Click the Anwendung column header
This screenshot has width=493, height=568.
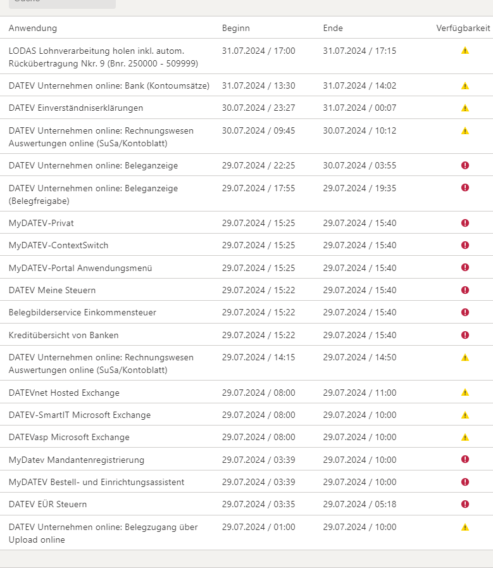pos(33,28)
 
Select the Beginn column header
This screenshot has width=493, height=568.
pos(236,28)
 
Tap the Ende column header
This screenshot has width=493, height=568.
pos(333,28)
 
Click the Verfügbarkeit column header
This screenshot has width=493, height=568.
pos(463,28)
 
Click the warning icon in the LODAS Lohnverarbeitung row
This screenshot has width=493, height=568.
pos(465,51)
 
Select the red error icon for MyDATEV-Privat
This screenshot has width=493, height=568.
pos(465,223)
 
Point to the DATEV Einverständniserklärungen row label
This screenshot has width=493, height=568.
pos(76,108)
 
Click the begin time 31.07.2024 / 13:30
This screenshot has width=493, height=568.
pos(258,85)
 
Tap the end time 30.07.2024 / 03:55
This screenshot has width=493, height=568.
pos(359,165)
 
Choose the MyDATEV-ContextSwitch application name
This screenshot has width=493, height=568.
pos(59,245)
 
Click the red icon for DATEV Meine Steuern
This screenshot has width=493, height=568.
pos(465,290)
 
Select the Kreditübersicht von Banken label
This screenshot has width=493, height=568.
pos(64,335)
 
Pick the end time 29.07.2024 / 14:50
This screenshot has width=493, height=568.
pos(359,357)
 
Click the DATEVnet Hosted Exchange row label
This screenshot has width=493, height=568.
pos(64,393)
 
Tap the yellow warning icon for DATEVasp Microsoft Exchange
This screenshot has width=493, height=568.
pos(465,437)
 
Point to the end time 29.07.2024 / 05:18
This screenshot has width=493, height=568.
pos(359,504)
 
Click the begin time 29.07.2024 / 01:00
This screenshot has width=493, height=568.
pos(258,527)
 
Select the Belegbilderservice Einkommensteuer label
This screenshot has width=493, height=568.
pos(82,312)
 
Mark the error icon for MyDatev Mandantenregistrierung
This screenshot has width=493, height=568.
pos(465,459)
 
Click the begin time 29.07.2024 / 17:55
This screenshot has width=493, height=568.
pos(258,188)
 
